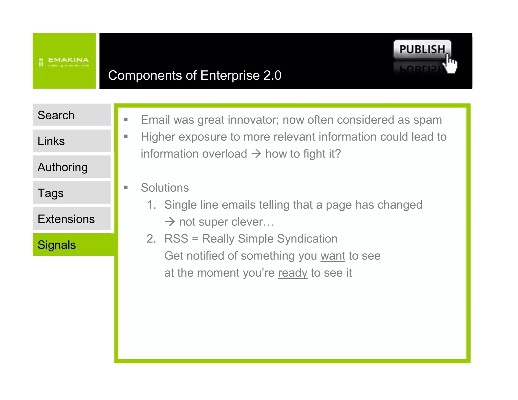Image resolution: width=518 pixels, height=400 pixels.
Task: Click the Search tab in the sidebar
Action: coord(71,115)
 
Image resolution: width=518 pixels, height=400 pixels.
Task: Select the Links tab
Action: coord(71,141)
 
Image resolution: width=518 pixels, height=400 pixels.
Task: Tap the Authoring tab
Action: coord(71,167)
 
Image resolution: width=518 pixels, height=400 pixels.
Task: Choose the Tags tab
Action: coord(71,193)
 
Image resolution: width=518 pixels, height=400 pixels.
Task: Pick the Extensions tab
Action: coord(71,219)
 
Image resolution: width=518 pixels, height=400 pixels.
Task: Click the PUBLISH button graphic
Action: coord(422,49)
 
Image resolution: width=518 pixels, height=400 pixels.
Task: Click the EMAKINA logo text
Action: coord(68,60)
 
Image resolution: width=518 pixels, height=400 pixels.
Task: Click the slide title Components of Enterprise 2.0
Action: coord(195,75)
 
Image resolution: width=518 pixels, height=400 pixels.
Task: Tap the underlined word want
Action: coord(333,256)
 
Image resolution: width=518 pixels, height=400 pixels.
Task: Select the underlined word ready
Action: coord(292,273)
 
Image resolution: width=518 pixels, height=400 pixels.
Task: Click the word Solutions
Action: coord(165,188)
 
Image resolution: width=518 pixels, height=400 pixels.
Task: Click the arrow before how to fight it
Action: coord(256,153)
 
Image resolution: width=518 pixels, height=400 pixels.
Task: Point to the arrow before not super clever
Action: coord(170,222)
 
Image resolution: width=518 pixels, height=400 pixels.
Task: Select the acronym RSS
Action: coord(176,239)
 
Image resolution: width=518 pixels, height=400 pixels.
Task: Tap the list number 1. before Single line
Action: coord(151,205)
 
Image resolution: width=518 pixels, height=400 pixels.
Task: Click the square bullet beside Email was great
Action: coord(126,120)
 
